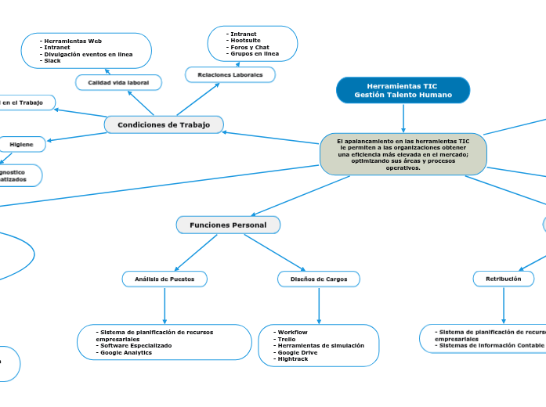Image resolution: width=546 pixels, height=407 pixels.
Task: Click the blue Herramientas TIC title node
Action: (x=403, y=90)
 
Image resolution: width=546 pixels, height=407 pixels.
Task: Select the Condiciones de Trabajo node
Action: (x=164, y=125)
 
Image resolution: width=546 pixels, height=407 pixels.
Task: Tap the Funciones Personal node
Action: (x=228, y=225)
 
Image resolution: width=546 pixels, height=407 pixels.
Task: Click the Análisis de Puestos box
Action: (x=165, y=279)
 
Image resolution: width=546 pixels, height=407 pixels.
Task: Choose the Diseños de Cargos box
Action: (x=319, y=279)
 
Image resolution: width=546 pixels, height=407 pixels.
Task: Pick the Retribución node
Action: (x=503, y=278)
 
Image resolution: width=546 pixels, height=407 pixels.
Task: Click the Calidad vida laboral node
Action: (x=118, y=82)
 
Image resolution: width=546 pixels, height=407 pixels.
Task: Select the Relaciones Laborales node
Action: (x=230, y=74)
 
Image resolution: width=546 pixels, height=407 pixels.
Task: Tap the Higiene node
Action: (x=22, y=145)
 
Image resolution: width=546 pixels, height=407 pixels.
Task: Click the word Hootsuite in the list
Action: (x=245, y=41)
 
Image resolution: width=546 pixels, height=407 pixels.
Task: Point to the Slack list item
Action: (x=52, y=60)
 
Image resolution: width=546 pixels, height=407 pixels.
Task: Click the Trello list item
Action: (x=288, y=339)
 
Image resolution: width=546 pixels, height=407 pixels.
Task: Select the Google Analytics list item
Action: (x=126, y=352)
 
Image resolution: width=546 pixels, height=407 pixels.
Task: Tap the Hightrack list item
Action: (x=294, y=358)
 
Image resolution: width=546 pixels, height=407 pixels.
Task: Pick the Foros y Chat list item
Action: (x=250, y=47)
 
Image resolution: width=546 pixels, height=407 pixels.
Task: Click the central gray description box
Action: (x=403, y=154)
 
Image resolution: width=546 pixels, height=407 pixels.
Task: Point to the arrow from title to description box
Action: (x=403, y=118)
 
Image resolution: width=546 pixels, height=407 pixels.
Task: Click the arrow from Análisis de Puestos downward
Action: (x=165, y=305)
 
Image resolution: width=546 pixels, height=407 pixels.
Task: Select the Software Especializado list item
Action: (x=136, y=345)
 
